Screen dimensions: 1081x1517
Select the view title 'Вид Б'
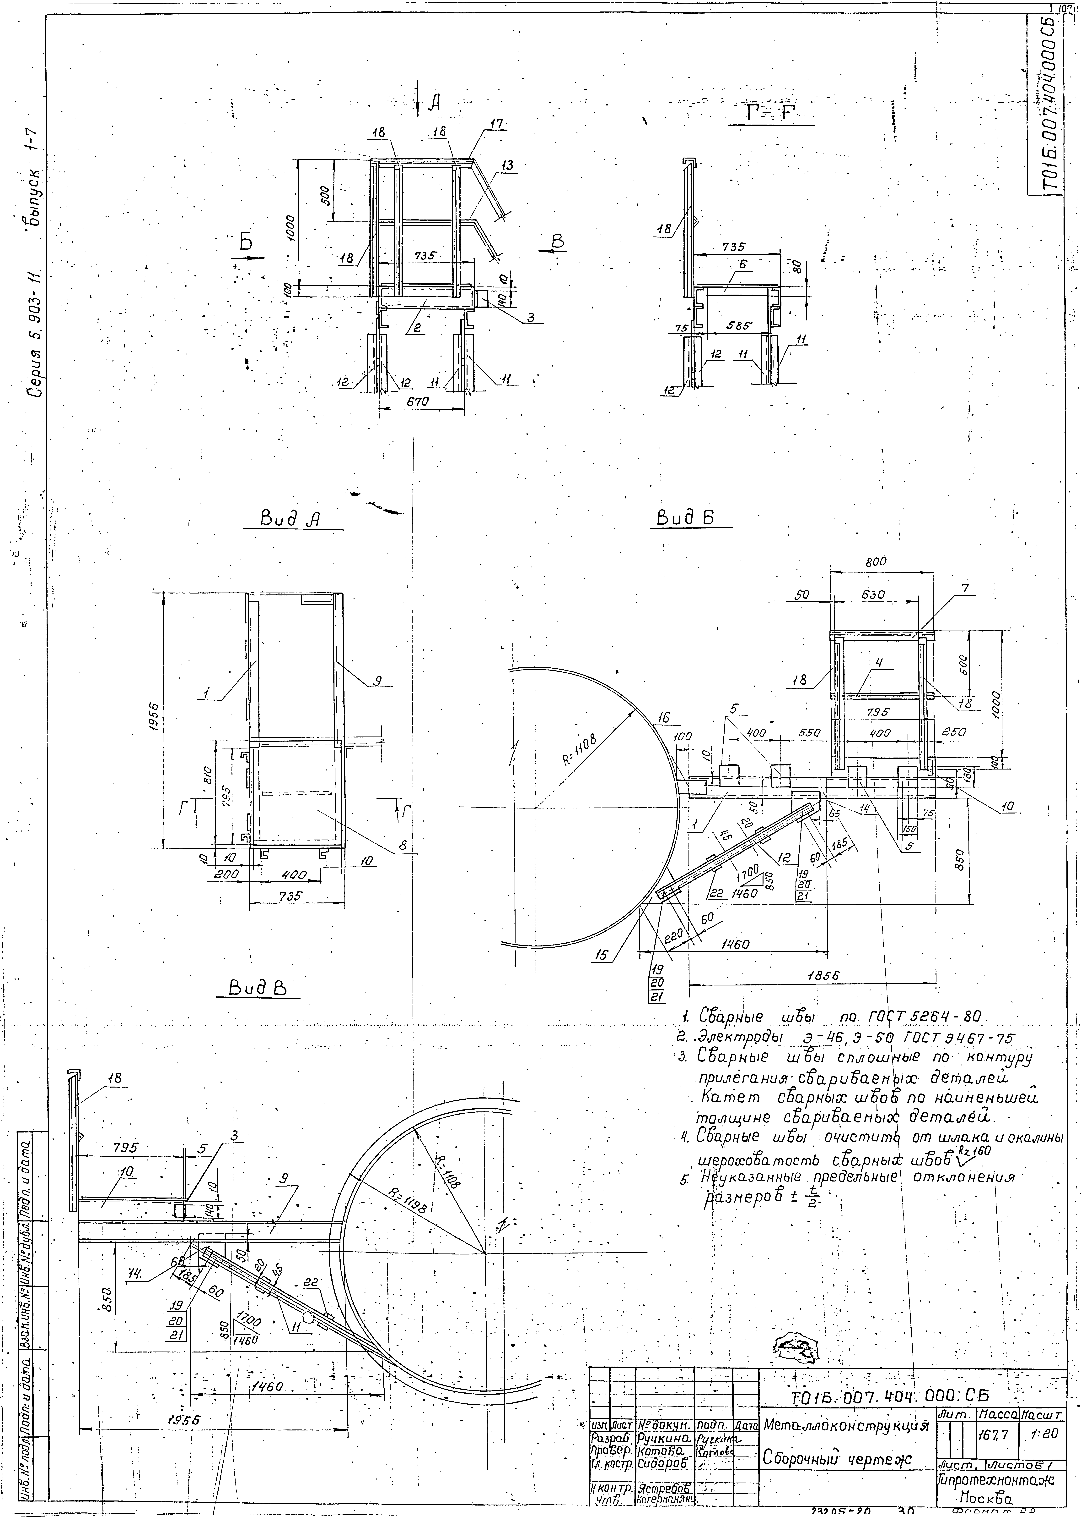pos(686,517)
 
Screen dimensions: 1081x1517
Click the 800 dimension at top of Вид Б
pos(876,562)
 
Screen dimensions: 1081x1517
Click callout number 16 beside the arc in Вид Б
pos(663,718)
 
